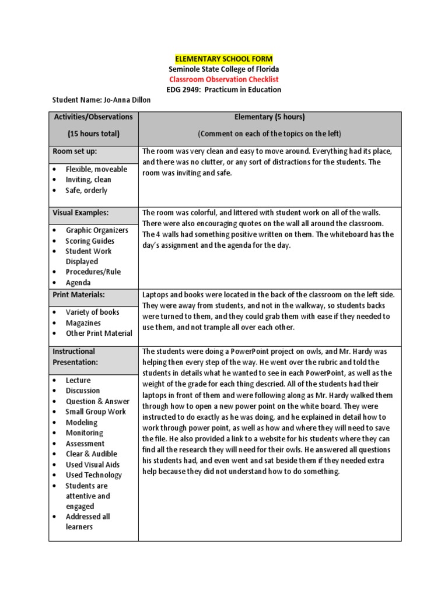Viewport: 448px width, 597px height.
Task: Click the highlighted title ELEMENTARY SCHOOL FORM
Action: pos(224,59)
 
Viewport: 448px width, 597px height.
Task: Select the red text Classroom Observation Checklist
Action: pos(224,79)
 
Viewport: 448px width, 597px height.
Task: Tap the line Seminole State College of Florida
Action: pos(224,69)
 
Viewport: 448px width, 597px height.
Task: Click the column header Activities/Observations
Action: pos(93,117)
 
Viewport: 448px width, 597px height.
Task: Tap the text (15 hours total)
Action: pos(93,134)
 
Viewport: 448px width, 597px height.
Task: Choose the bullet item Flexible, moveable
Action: pos(96,170)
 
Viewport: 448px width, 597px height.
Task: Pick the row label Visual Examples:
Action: pos(80,213)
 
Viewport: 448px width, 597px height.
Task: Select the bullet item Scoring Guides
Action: pos(90,241)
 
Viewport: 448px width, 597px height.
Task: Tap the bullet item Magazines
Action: pos(83,323)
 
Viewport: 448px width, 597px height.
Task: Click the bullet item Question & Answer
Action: pos(97,402)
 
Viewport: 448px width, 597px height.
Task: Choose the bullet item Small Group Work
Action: pos(96,412)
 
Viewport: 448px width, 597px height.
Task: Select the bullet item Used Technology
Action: pos(93,475)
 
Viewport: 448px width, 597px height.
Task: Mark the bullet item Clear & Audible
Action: pos(91,454)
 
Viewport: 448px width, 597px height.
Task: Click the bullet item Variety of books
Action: pos(92,312)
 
